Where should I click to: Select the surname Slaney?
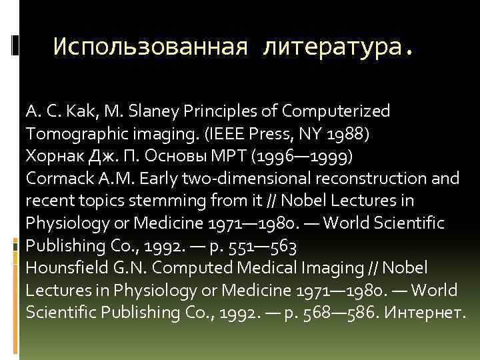(x=159, y=111)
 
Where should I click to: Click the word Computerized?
(x=337, y=111)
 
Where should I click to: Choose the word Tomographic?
(x=78, y=133)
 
